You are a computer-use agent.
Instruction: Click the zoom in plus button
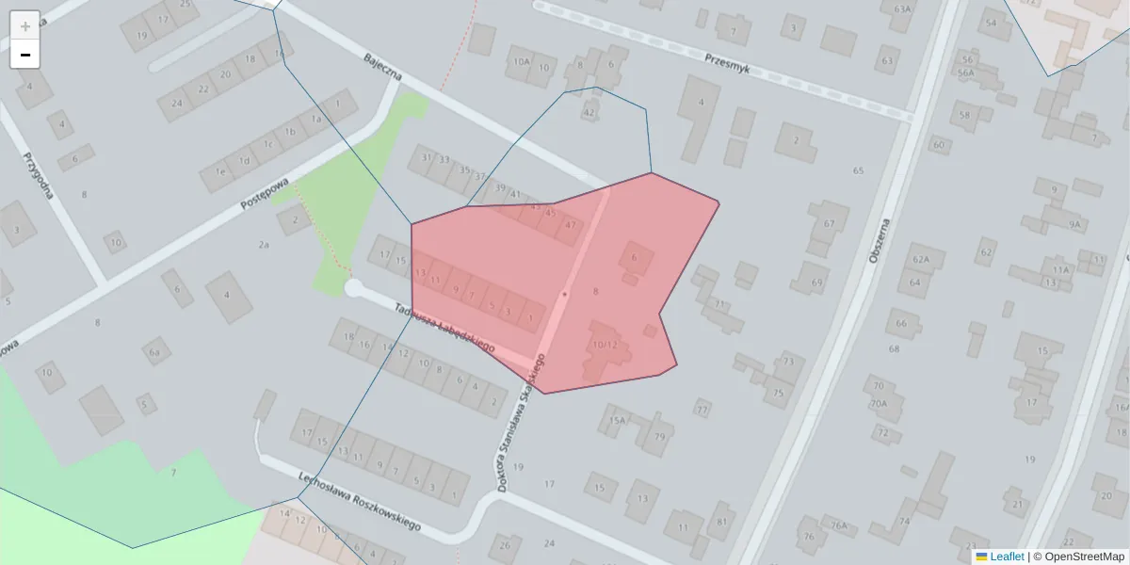coord(24,25)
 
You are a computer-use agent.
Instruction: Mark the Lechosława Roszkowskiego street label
coord(359,500)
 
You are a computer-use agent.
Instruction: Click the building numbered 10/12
coord(604,345)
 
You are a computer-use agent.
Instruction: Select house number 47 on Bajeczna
coord(571,226)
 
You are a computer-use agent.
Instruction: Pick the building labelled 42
coord(589,113)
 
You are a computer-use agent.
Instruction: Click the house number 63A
coord(902,9)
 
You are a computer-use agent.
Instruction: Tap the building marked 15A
coord(617,420)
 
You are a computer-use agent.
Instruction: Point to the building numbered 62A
coord(921,259)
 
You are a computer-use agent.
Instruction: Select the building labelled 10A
coord(521,63)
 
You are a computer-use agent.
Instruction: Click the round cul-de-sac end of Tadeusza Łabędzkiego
coord(354,287)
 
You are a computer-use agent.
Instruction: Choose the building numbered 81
coord(722,521)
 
